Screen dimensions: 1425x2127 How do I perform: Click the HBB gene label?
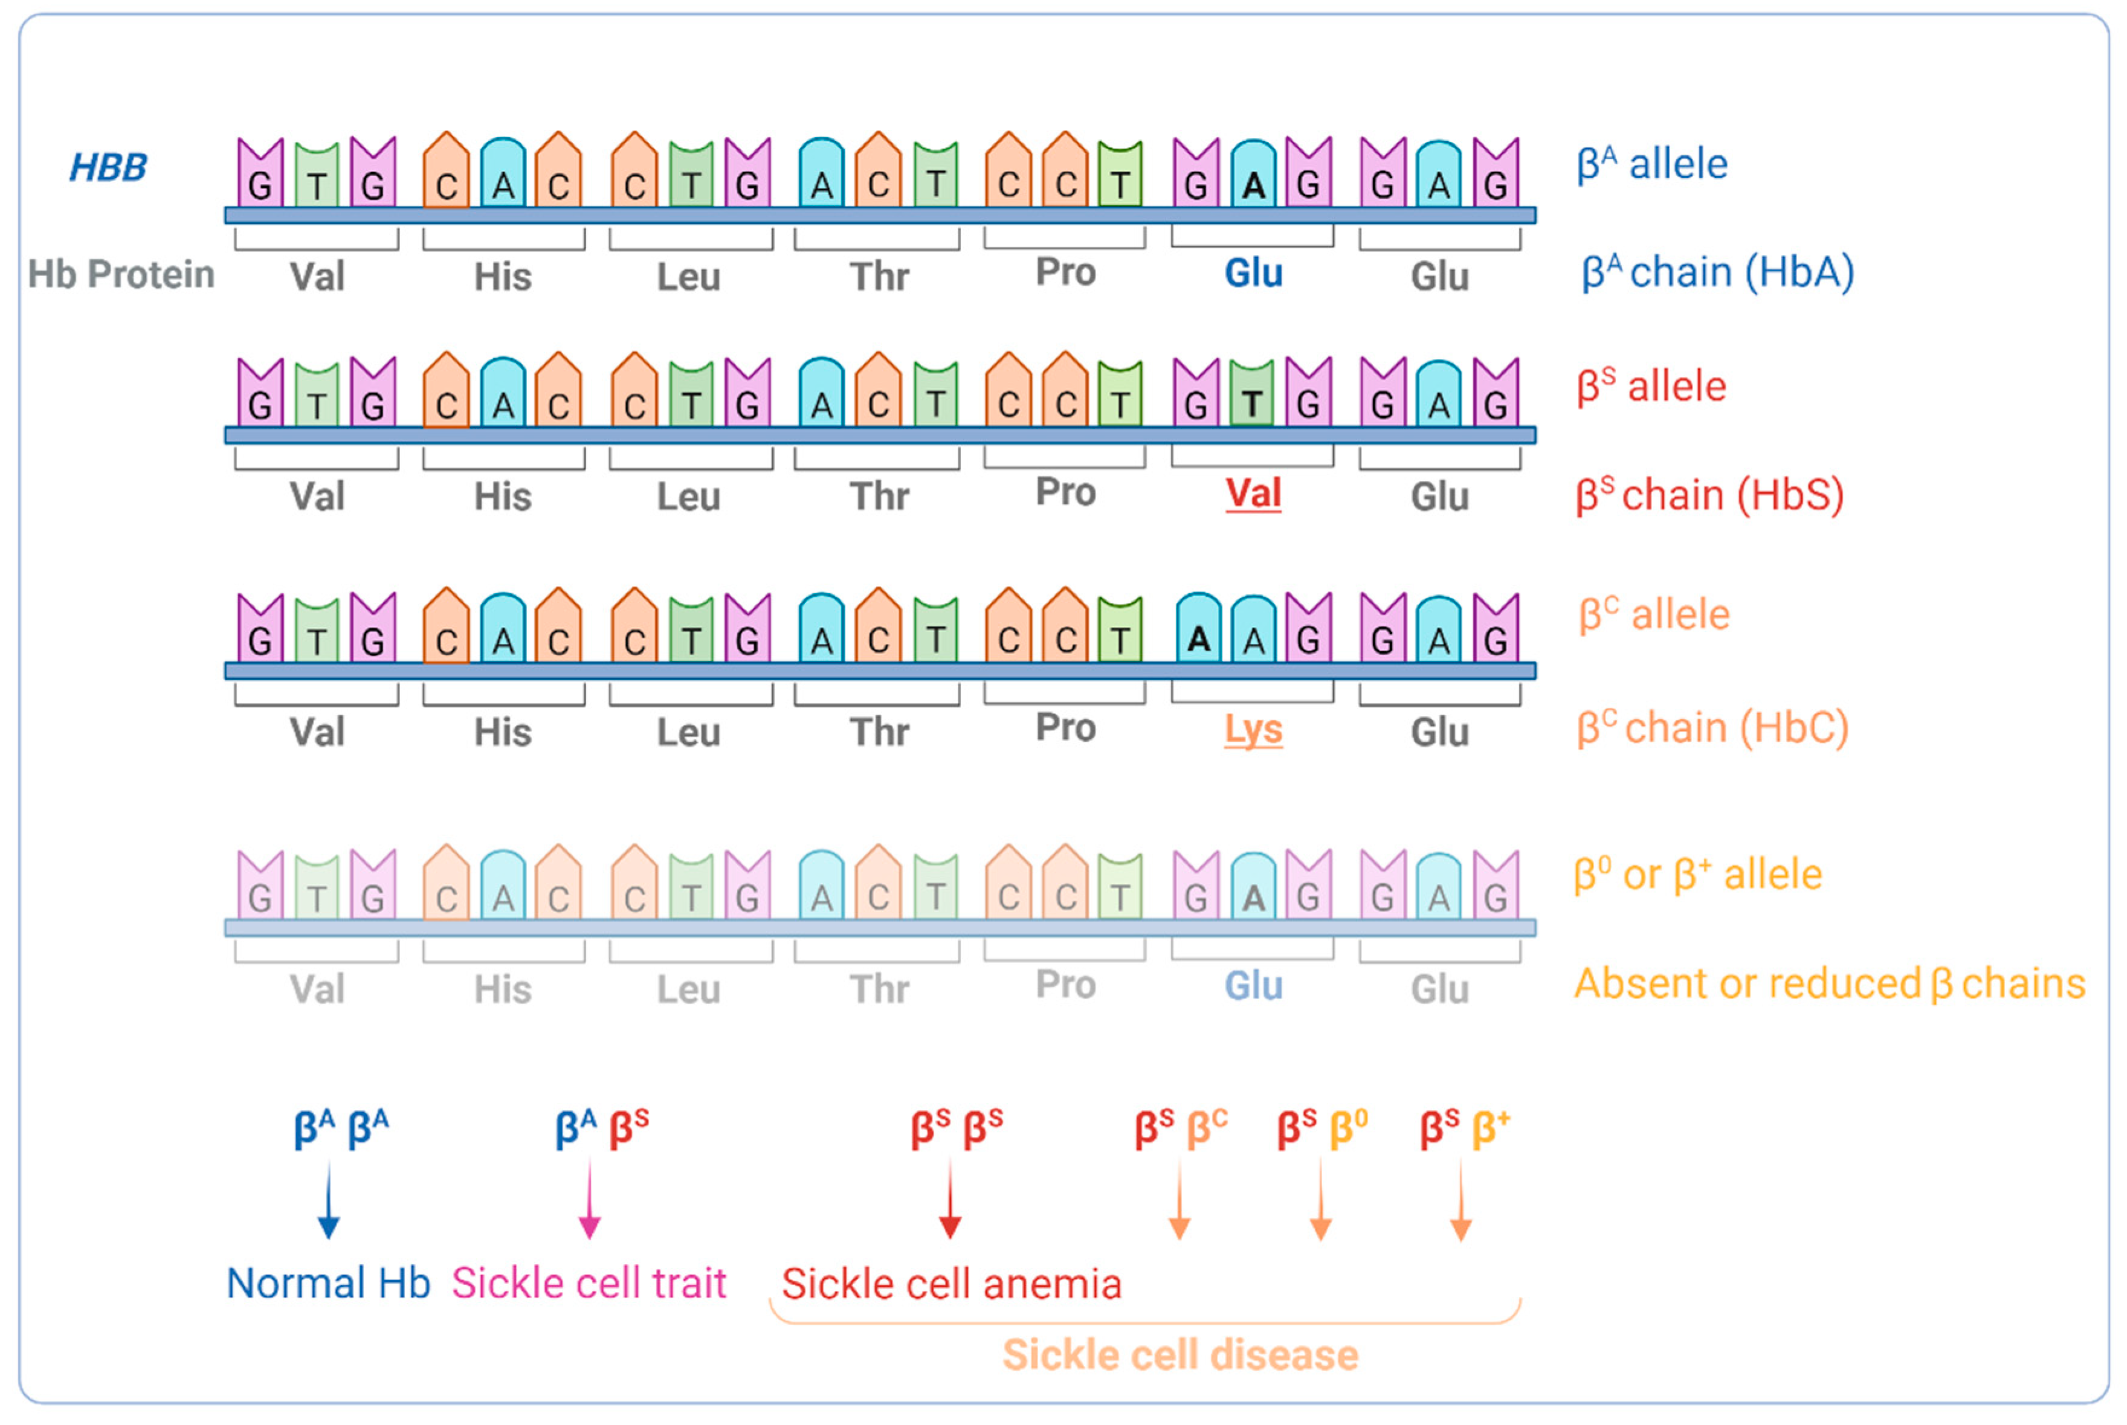coord(108,167)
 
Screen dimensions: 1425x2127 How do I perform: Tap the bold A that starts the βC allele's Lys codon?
coord(1199,640)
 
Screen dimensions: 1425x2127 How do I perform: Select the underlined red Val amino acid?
coord(1253,494)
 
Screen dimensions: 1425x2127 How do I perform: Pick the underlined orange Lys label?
coord(1253,730)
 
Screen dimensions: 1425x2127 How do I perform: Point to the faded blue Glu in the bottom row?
coord(1253,985)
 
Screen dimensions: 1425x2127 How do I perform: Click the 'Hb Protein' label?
coord(121,274)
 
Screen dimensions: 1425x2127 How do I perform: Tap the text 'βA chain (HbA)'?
coord(1717,272)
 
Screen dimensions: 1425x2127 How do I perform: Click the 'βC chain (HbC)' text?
coord(1712,728)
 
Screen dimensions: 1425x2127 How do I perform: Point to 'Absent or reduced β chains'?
coord(1829,983)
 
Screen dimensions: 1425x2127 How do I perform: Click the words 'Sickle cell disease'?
coord(1180,1355)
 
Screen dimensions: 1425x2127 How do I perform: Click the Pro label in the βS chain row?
coord(1065,492)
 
